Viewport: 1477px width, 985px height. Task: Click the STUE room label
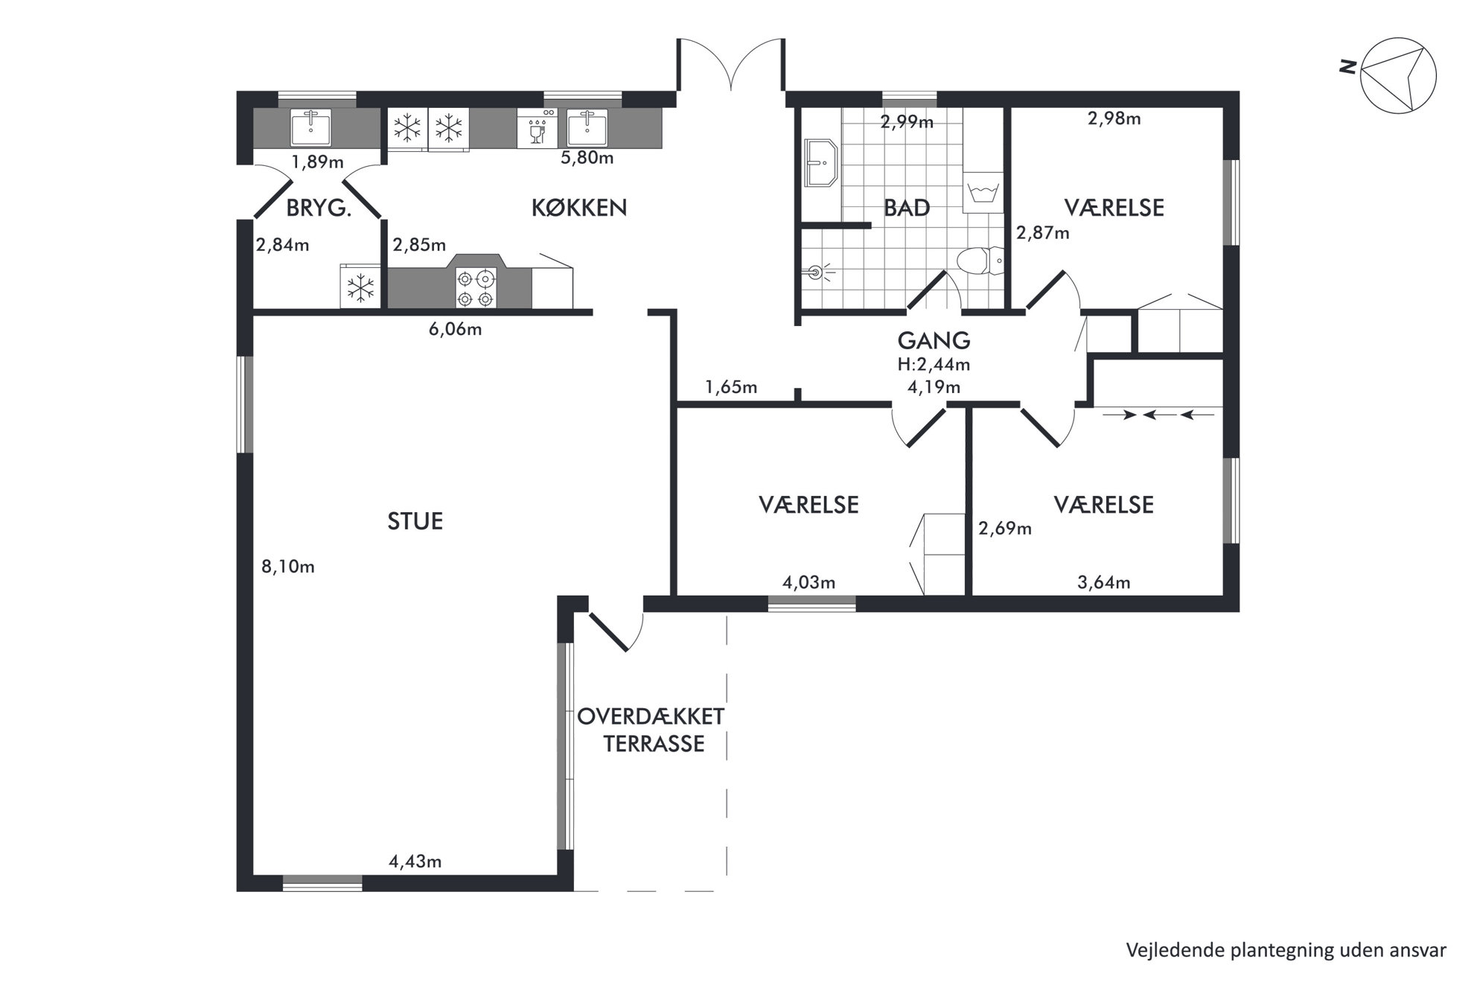coord(415,521)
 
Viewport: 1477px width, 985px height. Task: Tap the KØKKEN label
coord(579,208)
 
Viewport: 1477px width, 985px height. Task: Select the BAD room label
coord(907,208)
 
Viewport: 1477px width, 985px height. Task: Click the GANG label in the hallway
coord(934,340)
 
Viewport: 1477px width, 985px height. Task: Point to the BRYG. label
coord(319,208)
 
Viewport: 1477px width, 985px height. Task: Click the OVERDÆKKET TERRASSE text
coord(651,730)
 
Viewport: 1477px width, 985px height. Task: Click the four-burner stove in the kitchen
coord(476,288)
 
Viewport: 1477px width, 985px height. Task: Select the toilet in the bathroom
coord(980,261)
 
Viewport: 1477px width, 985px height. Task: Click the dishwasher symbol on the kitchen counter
coord(537,128)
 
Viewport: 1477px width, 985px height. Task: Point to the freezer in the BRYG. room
coord(361,287)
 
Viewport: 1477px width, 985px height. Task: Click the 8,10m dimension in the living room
coord(287,567)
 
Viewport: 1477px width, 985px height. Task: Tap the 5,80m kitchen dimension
coord(587,158)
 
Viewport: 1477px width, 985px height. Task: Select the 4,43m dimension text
coord(415,861)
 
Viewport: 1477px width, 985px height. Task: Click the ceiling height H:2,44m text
coord(934,365)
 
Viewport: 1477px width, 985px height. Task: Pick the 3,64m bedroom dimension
coord(1104,583)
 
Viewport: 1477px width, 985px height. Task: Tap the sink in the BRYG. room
coord(311,128)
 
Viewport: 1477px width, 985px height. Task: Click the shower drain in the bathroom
coord(817,272)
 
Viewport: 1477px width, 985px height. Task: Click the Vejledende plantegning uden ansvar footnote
coord(1286,950)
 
